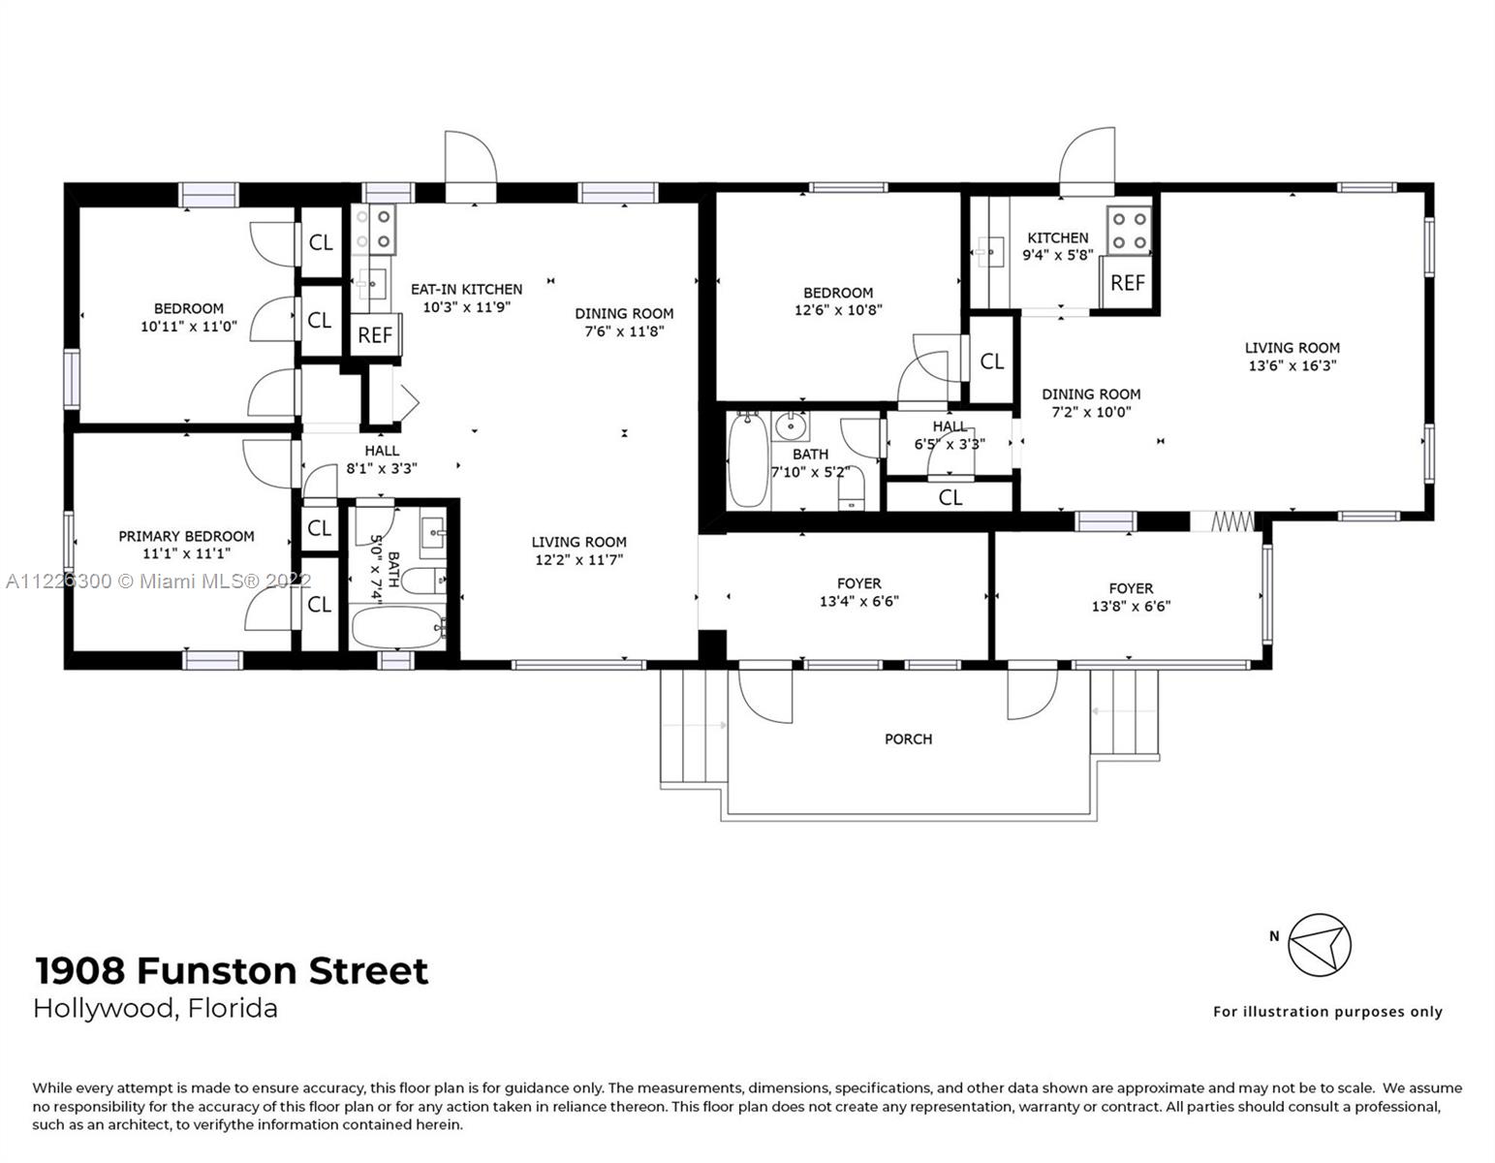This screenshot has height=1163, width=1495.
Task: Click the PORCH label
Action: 908,739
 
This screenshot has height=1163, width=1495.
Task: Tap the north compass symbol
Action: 1319,944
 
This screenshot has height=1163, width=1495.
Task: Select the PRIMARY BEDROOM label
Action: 186,536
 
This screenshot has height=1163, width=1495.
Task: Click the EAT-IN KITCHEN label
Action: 466,289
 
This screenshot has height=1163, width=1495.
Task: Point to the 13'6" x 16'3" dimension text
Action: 1293,365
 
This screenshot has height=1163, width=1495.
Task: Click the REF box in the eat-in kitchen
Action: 375,335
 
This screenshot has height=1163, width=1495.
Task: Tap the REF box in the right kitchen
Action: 1128,283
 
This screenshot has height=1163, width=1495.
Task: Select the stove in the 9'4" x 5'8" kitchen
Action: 1129,231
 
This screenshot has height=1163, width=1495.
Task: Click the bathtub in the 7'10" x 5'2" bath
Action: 747,459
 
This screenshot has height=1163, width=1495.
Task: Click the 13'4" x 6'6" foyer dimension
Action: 858,601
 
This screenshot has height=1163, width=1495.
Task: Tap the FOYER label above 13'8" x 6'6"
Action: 1131,588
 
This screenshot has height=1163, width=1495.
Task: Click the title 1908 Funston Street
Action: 231,970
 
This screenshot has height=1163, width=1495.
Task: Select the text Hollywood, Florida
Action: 156,1008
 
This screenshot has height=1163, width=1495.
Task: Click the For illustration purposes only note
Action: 1327,1012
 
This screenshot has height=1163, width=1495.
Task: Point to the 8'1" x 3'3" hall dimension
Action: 382,468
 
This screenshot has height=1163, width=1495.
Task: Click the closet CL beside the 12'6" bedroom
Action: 991,361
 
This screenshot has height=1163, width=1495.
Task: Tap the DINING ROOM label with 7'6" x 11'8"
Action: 624,313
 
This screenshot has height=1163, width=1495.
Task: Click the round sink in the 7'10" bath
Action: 793,424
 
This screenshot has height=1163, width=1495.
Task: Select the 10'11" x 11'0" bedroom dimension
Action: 188,327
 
